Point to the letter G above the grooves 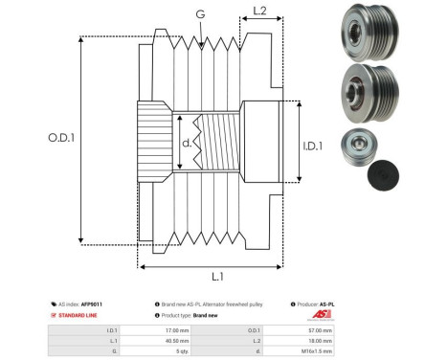(199, 14)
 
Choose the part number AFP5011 (91, 303)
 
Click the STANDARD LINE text (82, 314)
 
